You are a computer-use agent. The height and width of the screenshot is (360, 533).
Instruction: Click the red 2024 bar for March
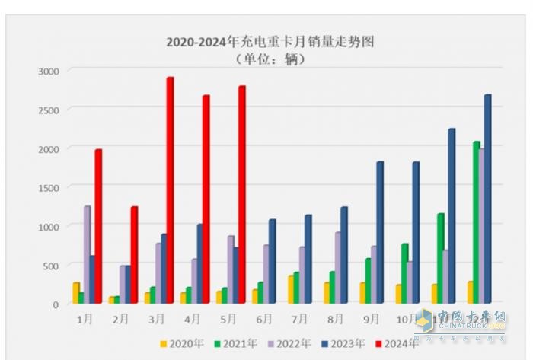pyautogui.click(x=170, y=190)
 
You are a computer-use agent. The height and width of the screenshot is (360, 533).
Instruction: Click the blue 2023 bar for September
pyautogui.click(x=379, y=232)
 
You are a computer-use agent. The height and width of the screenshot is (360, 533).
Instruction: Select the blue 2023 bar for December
pyautogui.click(x=487, y=199)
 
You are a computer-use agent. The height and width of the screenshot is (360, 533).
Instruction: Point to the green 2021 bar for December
pyautogui.click(x=476, y=221)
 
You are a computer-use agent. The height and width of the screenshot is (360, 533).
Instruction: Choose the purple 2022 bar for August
pyautogui.click(x=337, y=267)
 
